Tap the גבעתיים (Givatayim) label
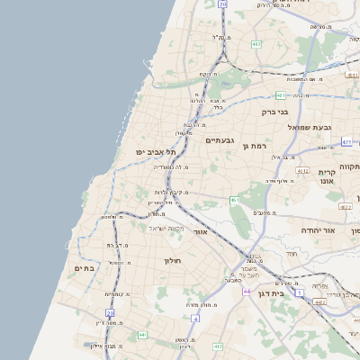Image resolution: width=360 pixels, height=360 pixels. (220, 140)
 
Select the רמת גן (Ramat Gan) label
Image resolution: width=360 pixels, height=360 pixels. (257, 145)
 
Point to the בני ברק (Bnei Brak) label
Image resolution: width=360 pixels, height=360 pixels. (274, 112)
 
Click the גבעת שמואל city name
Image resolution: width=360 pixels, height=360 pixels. (305, 127)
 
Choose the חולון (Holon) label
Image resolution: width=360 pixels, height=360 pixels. (173, 261)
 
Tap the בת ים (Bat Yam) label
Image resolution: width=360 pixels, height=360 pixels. (84, 267)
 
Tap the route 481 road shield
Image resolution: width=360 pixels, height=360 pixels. (281, 94)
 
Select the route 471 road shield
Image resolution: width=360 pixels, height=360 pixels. (347, 142)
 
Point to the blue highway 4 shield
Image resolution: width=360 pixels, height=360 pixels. (195, 318)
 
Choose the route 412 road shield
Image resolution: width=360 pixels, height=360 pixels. (302, 170)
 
